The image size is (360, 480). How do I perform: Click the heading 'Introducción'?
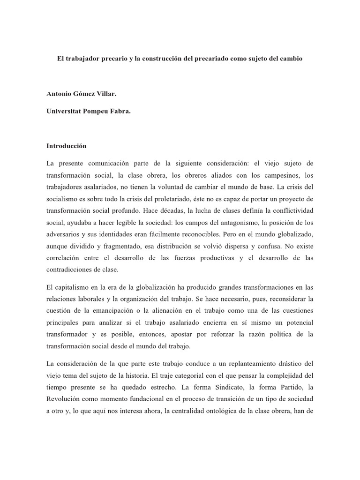pos(67,146)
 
